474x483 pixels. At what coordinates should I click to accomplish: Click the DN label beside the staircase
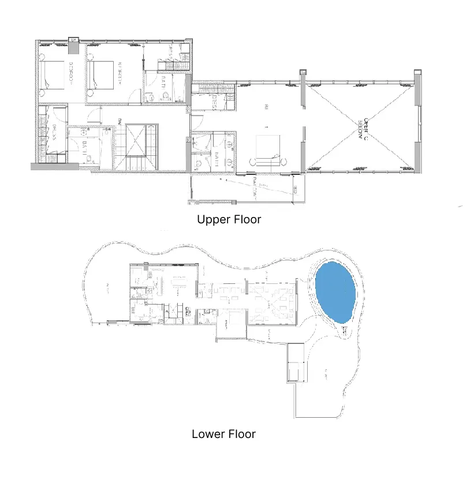coord(120,121)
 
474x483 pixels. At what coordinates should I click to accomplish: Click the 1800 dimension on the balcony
coord(294,189)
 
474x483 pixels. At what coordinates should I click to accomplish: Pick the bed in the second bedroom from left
coord(99,74)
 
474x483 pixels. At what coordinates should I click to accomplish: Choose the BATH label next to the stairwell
coord(84,147)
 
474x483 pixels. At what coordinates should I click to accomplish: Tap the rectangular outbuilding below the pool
coord(294,362)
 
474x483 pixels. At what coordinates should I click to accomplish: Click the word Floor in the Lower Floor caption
coord(240,434)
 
